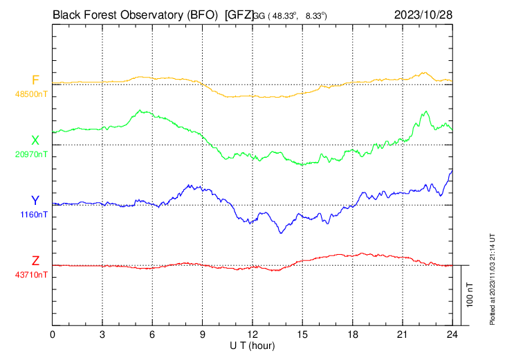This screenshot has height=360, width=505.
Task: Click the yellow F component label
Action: pyautogui.click(x=36, y=80)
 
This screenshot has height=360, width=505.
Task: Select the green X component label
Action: pyautogui.click(x=35, y=141)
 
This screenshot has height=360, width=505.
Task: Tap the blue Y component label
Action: pyautogui.click(x=35, y=201)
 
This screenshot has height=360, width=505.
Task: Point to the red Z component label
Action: pyautogui.click(x=35, y=261)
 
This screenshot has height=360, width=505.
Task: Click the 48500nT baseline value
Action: pyautogui.click(x=32, y=93)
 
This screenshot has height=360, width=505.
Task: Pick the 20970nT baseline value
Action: pyautogui.click(x=32, y=154)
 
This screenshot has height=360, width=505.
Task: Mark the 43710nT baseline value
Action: pyautogui.click(x=32, y=275)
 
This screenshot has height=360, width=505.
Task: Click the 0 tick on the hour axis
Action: pyautogui.click(x=53, y=334)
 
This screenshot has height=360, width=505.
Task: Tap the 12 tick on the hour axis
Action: pyautogui.click(x=252, y=334)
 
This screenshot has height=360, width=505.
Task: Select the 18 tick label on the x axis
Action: pyautogui.click(x=352, y=334)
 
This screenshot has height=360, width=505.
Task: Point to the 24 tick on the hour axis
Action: pyautogui.click(x=452, y=334)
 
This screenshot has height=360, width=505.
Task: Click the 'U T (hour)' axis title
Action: pyautogui.click(x=253, y=345)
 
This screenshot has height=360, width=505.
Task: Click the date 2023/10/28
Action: pyautogui.click(x=423, y=14)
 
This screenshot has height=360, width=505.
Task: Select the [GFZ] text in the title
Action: pyautogui.click(x=239, y=14)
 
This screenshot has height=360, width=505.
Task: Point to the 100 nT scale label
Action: pyautogui.click(x=470, y=294)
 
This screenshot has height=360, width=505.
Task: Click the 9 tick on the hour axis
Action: pyautogui.click(x=203, y=334)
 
